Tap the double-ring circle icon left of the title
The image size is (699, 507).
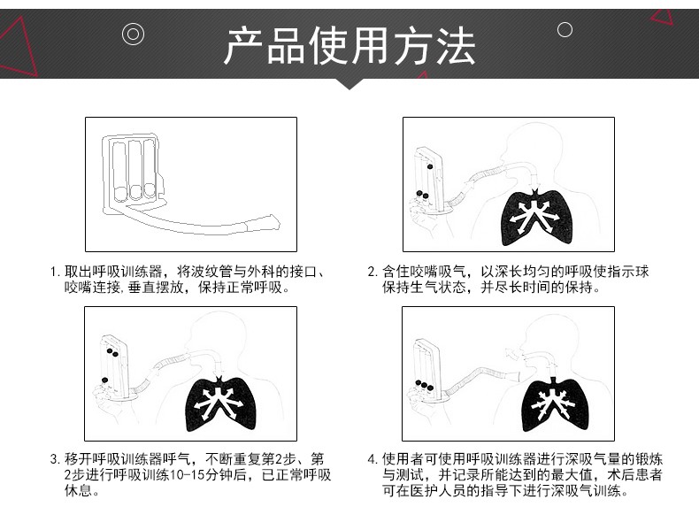(x=133, y=35)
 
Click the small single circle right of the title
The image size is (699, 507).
(x=565, y=30)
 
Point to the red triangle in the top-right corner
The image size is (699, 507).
(x=663, y=17)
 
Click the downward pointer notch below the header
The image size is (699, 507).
(x=349, y=84)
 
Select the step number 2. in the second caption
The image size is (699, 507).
(x=373, y=272)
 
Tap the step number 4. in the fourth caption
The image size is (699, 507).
(x=373, y=459)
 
